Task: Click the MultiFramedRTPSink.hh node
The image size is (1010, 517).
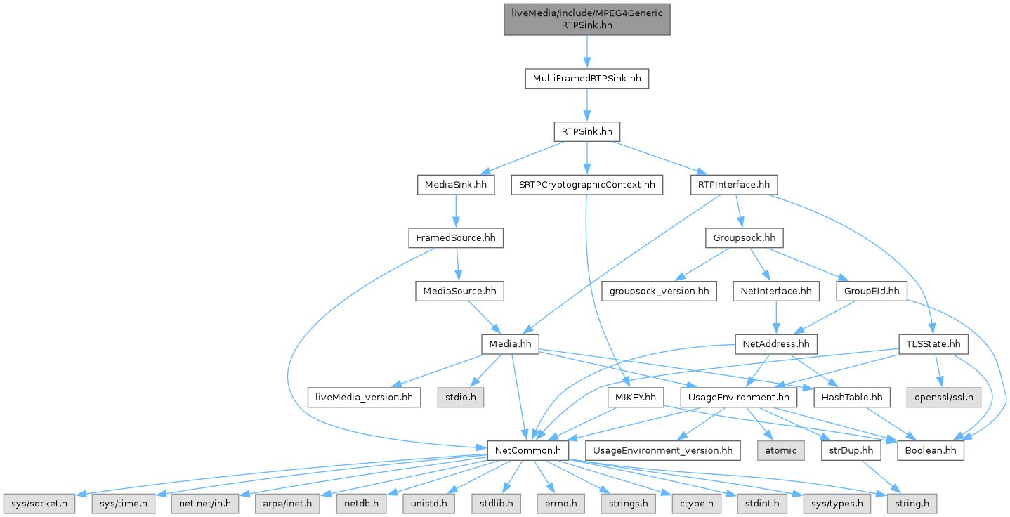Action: pyautogui.click(x=586, y=78)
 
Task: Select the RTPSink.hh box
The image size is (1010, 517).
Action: pyautogui.click(x=586, y=131)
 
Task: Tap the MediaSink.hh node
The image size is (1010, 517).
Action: pyautogui.click(x=456, y=185)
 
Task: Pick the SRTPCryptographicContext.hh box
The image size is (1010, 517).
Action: pyautogui.click(x=586, y=185)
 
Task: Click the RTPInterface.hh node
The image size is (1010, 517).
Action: pyautogui.click(x=733, y=185)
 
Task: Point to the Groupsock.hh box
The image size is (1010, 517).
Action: pyautogui.click(x=745, y=237)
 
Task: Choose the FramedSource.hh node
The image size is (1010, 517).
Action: pyautogui.click(x=456, y=237)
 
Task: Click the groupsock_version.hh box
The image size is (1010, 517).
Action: pyautogui.click(x=659, y=290)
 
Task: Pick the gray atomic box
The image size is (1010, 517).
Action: pyautogui.click(x=780, y=450)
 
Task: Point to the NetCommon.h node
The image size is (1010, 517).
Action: pyautogui.click(x=528, y=450)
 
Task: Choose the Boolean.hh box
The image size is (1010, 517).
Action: pyautogui.click(x=930, y=450)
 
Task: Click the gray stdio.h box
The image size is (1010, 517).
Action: pyautogui.click(x=461, y=398)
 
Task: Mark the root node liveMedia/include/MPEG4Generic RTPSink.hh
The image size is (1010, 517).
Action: pyautogui.click(x=586, y=18)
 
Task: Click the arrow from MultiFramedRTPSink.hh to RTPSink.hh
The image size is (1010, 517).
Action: pyautogui.click(x=586, y=105)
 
